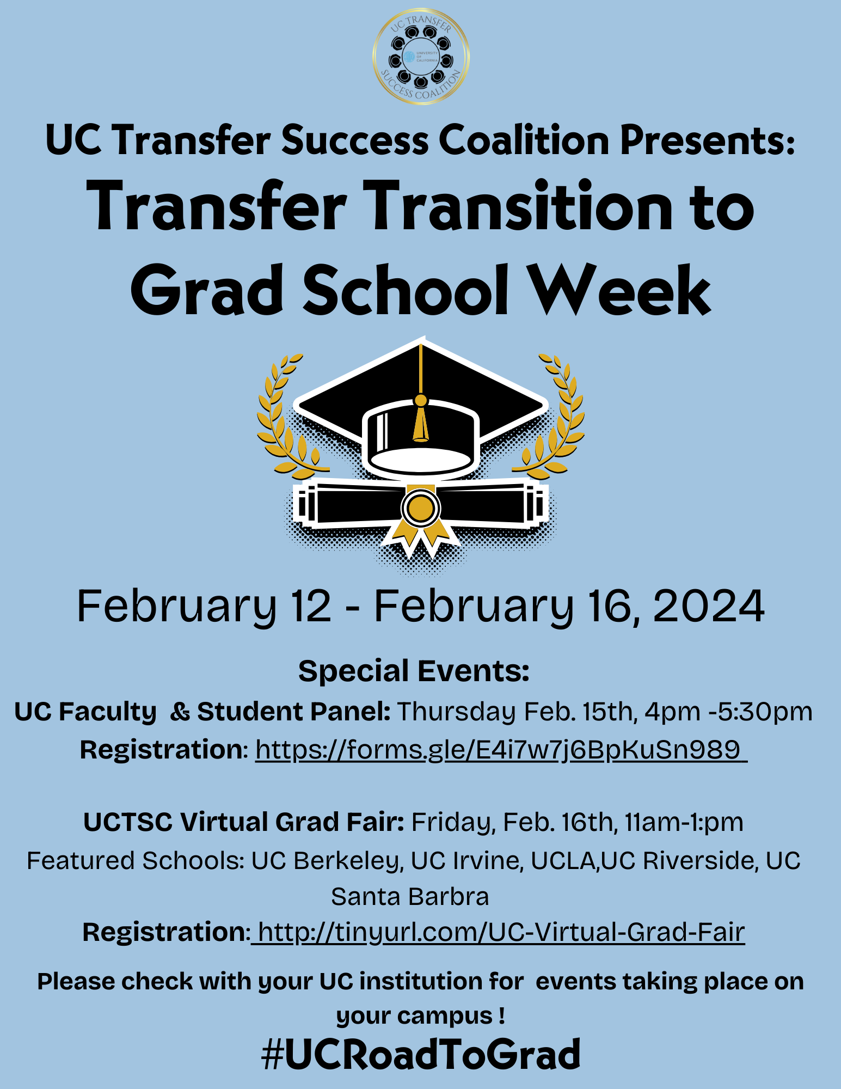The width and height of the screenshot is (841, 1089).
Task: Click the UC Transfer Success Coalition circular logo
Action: click(x=421, y=57)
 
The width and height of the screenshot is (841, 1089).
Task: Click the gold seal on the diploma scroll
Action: click(x=420, y=509)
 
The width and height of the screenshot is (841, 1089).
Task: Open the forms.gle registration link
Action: click(x=501, y=750)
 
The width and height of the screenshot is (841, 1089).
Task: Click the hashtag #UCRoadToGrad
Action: click(x=421, y=1054)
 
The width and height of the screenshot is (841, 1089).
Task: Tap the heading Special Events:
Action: click(x=414, y=671)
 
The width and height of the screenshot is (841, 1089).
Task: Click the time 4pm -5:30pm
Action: click(x=728, y=712)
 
